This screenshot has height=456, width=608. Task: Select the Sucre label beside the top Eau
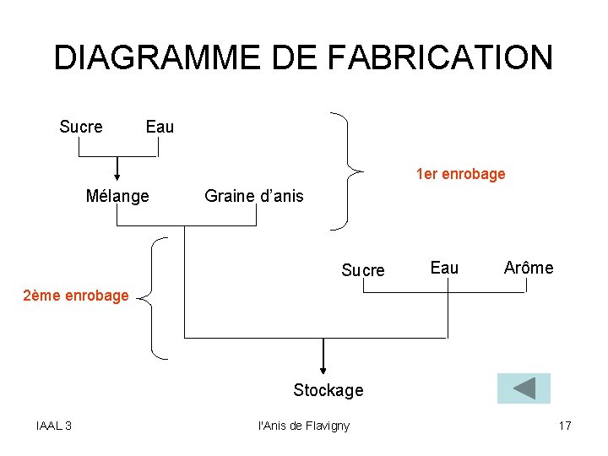[x=81, y=128]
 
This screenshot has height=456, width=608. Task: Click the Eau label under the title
[x=160, y=128]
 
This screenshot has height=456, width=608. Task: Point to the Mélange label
[x=117, y=197]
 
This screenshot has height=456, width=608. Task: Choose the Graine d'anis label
[x=253, y=197]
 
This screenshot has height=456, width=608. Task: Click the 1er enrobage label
[x=460, y=175]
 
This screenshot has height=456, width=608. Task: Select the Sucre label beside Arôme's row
[x=362, y=270]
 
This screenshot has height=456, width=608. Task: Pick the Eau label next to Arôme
[x=444, y=269]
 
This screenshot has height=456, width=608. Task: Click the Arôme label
[x=529, y=269]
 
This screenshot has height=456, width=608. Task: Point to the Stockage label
[x=328, y=390]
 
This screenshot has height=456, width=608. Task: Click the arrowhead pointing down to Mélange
[x=118, y=176]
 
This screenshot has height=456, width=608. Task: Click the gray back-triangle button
[x=524, y=388]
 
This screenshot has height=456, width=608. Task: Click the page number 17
[x=565, y=426]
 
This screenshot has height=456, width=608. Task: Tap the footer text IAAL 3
[x=54, y=426]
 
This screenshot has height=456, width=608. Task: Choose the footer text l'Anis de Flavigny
[x=303, y=426]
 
